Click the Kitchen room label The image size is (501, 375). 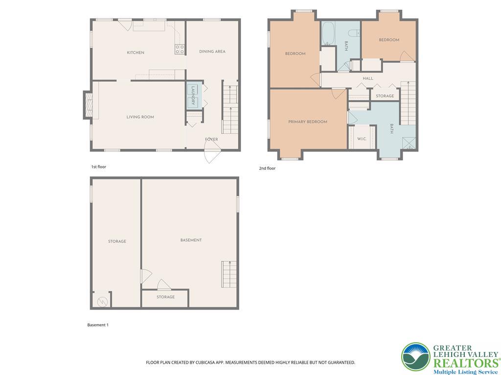[136, 53]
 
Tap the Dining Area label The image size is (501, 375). [212, 51]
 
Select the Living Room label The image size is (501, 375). [140, 117]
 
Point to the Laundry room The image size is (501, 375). [193, 96]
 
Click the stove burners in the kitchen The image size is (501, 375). [180, 49]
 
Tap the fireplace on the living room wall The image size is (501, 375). [89, 105]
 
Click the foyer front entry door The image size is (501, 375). [212, 152]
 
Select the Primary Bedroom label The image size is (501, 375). [308, 122]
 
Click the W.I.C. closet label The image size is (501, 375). [362, 139]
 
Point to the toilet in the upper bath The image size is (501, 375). [354, 33]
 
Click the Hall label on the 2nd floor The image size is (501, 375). [368, 79]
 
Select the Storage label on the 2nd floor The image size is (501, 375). [385, 96]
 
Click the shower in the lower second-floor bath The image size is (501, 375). [409, 143]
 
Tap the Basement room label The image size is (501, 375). [191, 240]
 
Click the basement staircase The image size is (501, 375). [229, 274]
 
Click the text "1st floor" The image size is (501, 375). [99, 167]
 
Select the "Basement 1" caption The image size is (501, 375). [98, 325]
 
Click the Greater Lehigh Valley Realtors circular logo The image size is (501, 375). [416, 357]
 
